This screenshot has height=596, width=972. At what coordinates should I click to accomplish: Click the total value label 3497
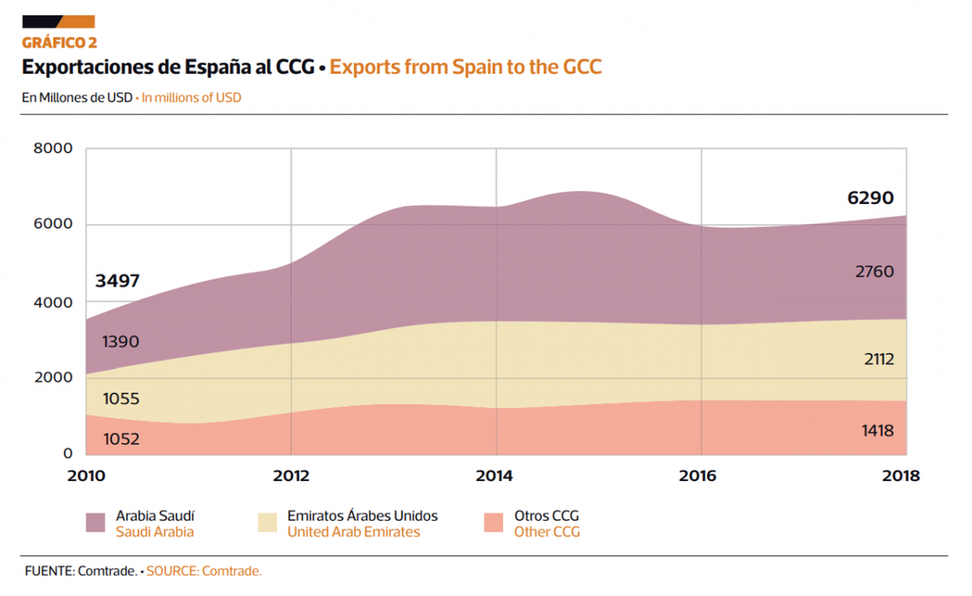118,281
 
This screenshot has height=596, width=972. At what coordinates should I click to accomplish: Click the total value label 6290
870,198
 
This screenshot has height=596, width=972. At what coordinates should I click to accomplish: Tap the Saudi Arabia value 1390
121,342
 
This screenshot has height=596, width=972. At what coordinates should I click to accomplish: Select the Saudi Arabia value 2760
873,271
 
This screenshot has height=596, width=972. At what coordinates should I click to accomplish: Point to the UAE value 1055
121,399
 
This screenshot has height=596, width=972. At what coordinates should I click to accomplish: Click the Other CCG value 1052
121,438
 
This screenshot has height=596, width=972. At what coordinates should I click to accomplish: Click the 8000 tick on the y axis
52,148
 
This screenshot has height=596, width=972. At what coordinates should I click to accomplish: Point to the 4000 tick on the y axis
52,302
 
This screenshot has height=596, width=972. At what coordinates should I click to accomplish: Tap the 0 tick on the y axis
67,454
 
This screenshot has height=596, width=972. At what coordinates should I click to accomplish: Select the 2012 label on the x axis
290,475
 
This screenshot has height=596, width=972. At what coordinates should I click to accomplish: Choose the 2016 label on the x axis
701,475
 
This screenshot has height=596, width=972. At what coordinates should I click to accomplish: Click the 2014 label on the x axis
496,475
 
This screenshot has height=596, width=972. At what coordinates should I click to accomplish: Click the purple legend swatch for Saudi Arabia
96,523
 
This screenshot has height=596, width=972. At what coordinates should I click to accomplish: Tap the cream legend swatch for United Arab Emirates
268,523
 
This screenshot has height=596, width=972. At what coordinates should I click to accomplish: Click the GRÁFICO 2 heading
59,43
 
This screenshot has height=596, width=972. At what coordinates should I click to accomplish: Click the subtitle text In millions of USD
191,97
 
